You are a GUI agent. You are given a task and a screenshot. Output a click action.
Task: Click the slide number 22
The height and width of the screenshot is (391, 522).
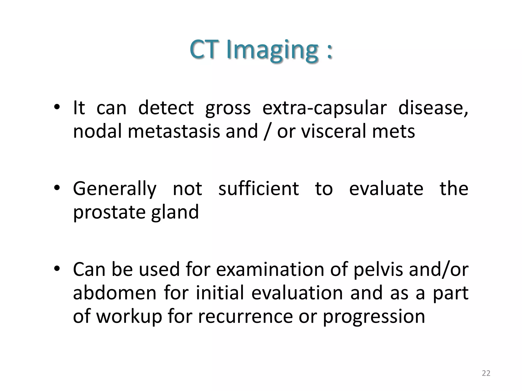tap(486, 373)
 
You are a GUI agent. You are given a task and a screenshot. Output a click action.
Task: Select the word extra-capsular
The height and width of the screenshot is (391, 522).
tap(324, 108)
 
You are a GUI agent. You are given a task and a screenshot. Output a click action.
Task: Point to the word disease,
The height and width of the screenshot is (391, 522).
tap(433, 108)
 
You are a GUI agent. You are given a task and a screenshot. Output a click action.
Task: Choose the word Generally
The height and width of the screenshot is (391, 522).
tap(114, 189)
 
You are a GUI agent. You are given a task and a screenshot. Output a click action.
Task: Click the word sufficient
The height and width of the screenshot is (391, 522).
tap(258, 189)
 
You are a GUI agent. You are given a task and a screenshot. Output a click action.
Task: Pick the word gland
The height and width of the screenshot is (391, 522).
tap(175, 212)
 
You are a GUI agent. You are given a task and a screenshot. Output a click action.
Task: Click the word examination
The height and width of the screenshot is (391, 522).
tap(270, 269)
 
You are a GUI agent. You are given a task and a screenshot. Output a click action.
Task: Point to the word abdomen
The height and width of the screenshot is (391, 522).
tap(114, 293)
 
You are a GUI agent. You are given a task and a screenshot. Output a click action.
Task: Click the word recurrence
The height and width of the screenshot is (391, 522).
tap(245, 316)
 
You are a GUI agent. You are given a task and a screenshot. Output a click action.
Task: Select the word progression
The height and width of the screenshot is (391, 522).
tap(374, 316)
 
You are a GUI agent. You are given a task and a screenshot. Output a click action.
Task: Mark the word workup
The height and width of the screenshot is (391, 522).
tap(129, 316)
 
